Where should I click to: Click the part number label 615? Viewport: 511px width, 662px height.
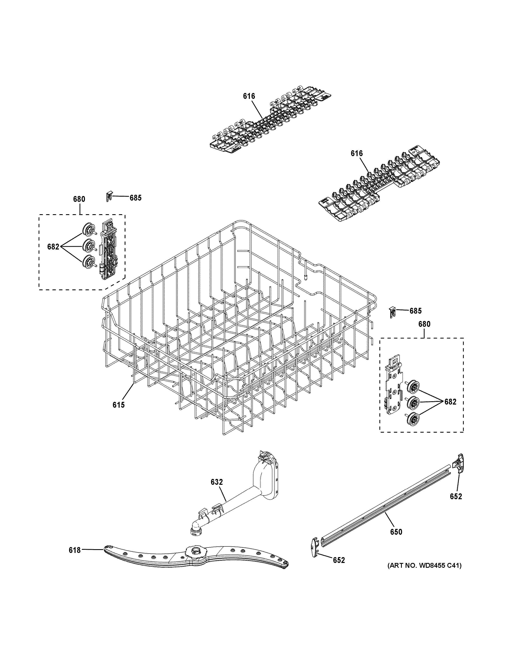118,405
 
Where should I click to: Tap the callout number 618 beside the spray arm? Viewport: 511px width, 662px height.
75,550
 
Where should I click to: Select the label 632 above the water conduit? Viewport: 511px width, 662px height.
217,482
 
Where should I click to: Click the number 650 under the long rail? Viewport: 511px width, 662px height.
396,532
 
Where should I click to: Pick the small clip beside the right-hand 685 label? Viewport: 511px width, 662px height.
392,311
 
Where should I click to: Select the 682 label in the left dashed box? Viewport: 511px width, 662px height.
53,247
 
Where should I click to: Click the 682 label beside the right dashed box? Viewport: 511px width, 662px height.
450,402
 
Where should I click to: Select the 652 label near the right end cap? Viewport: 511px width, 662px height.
456,496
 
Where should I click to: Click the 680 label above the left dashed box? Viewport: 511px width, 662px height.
79,199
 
